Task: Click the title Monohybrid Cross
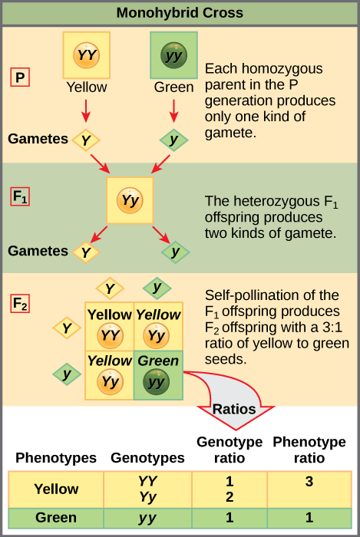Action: click(x=180, y=13)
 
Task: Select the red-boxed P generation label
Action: click(x=20, y=77)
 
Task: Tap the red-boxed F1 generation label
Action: click(x=21, y=196)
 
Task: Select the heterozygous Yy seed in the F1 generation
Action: click(x=130, y=202)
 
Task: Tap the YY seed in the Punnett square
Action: click(x=109, y=335)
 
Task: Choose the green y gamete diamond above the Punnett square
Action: click(x=157, y=288)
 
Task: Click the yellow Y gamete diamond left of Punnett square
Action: click(x=67, y=328)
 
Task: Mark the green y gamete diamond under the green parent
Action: click(x=174, y=140)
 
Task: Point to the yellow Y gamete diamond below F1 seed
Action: click(x=86, y=251)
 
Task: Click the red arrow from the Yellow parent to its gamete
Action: click(x=85, y=111)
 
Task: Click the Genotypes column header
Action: click(x=147, y=458)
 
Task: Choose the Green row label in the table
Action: click(x=55, y=518)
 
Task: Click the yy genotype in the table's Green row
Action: click(x=147, y=518)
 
